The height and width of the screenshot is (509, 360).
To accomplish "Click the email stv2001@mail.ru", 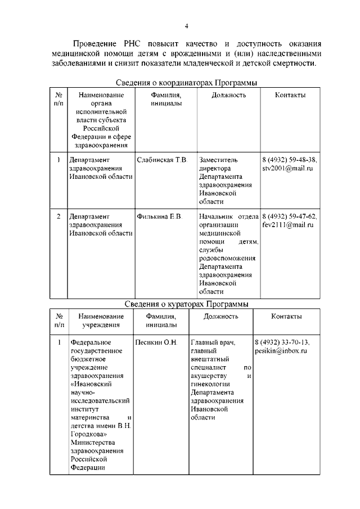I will click(287, 168).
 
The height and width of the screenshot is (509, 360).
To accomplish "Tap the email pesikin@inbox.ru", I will click(281, 350).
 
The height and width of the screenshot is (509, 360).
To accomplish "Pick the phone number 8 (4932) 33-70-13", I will click(282, 342).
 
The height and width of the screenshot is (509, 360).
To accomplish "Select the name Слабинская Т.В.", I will click(162, 160).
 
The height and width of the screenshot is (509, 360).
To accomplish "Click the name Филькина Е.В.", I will click(160, 217).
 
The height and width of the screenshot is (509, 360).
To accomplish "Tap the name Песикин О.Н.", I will click(156, 342).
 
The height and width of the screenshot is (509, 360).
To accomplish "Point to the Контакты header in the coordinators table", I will click(290, 95).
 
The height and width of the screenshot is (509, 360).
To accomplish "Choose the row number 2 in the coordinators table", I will click(58, 217).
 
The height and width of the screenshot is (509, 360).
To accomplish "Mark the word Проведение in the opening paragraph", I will click(94, 43).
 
